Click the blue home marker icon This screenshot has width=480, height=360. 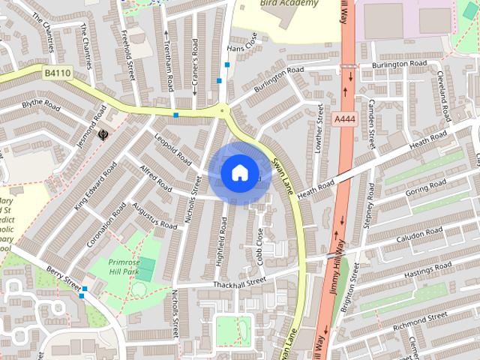[x=239, y=173]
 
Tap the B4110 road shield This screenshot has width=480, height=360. [x=56, y=73]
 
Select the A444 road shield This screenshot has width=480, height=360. [x=346, y=119]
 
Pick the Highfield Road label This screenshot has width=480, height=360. [x=223, y=238]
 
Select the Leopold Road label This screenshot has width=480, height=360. [x=171, y=148]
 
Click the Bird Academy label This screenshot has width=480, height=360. [x=289, y=3]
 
